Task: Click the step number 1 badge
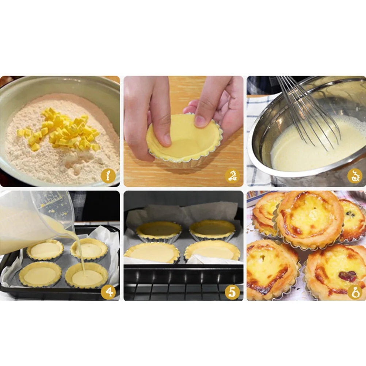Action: pyautogui.click(x=108, y=176)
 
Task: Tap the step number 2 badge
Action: pyautogui.click(x=232, y=176)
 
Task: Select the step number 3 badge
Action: pyautogui.click(x=355, y=176)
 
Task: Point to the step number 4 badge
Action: pyautogui.click(x=108, y=291)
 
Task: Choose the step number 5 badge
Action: pyautogui.click(x=232, y=291)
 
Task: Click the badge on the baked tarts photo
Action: pyautogui.click(x=355, y=291)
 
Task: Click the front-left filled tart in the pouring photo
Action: pyautogui.click(x=40, y=274)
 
